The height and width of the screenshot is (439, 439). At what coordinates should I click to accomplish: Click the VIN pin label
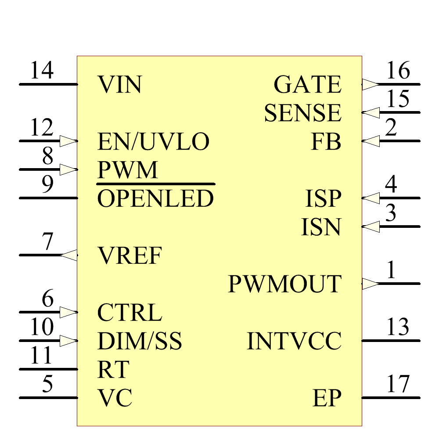(x=119, y=85)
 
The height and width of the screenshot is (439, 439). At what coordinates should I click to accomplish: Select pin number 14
(x=42, y=71)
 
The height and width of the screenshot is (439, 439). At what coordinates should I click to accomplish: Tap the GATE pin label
(x=307, y=85)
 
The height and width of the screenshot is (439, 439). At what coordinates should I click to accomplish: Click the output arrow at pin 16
(x=370, y=84)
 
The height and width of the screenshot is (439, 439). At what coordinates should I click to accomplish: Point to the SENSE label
(x=302, y=113)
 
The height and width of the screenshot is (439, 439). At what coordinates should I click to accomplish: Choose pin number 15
(x=398, y=99)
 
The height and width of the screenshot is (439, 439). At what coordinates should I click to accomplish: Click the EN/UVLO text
(x=153, y=142)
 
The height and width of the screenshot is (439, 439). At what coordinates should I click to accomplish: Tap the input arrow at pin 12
(x=68, y=141)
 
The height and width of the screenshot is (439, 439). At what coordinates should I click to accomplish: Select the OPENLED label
(x=155, y=199)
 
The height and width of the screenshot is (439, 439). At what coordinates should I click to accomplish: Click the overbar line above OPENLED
(x=155, y=184)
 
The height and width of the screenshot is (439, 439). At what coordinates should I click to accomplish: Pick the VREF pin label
(x=130, y=255)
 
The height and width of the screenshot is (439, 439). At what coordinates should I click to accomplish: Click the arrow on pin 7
(x=68, y=255)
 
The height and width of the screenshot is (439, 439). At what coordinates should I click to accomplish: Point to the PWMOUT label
(x=284, y=284)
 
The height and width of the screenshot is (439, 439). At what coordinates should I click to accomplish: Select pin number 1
(x=391, y=270)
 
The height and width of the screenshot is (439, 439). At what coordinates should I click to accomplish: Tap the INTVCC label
(x=294, y=341)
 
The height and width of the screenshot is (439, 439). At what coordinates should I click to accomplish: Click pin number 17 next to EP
(x=398, y=385)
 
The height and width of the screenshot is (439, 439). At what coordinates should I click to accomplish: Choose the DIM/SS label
(x=139, y=341)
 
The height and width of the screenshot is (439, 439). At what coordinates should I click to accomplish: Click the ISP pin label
(x=323, y=199)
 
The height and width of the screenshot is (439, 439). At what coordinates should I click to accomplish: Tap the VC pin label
(x=115, y=398)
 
